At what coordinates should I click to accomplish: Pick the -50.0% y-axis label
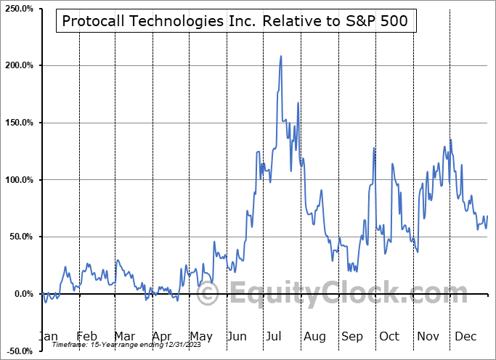point(17,351)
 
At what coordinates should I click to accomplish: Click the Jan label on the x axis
point(47,337)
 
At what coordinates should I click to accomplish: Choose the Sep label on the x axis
point(354,337)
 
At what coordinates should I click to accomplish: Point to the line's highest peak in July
point(281,56)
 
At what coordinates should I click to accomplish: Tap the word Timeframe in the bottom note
point(70,346)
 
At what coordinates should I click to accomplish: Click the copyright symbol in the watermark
point(208,294)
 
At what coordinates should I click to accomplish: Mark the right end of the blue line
point(487,216)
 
